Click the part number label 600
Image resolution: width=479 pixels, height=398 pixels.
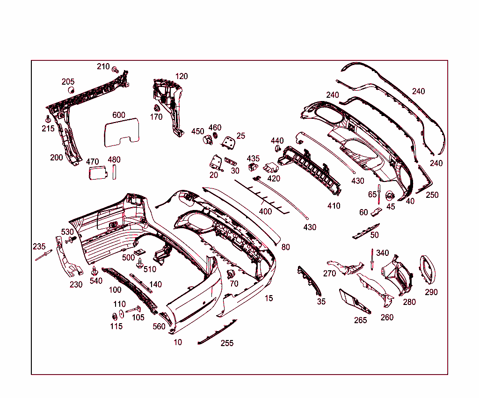click(x=119, y=115)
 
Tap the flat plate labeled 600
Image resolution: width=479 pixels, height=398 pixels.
click(x=121, y=131)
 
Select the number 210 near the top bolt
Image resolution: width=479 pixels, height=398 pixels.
click(x=103, y=66)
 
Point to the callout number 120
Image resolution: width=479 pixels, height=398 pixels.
click(x=181, y=76)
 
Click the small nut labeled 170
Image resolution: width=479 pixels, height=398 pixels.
click(x=157, y=109)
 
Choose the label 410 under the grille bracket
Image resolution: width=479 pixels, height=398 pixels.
click(x=334, y=206)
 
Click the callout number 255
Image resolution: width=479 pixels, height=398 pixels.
click(x=227, y=343)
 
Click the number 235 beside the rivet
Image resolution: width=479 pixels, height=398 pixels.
click(x=39, y=246)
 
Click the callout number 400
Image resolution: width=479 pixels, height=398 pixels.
click(x=265, y=211)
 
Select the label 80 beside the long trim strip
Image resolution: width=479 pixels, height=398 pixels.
click(x=286, y=247)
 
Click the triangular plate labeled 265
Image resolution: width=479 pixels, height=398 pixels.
click(x=354, y=301)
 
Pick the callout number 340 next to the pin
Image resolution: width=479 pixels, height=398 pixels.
click(x=382, y=253)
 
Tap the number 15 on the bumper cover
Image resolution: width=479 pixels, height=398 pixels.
click(x=269, y=298)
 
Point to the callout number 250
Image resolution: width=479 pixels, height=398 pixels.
click(x=432, y=195)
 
